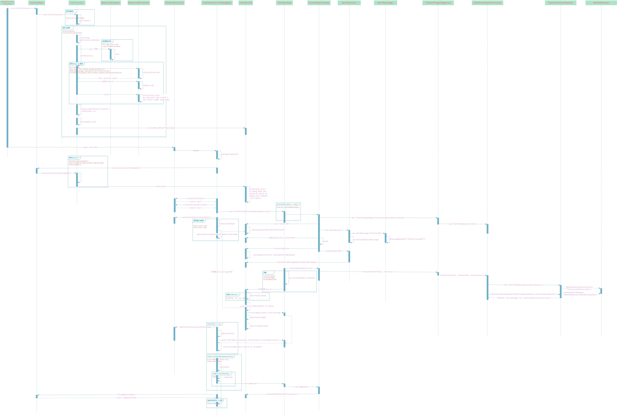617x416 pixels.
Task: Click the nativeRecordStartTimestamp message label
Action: (161, 128)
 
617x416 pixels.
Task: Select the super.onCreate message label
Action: (90, 147)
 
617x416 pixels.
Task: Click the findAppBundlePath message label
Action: (126, 395)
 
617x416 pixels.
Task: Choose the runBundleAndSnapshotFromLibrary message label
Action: (282, 394)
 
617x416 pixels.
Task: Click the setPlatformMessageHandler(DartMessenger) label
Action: (297, 262)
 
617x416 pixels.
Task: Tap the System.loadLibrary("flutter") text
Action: (95, 109)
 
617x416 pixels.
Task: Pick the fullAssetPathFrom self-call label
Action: (151, 72)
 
